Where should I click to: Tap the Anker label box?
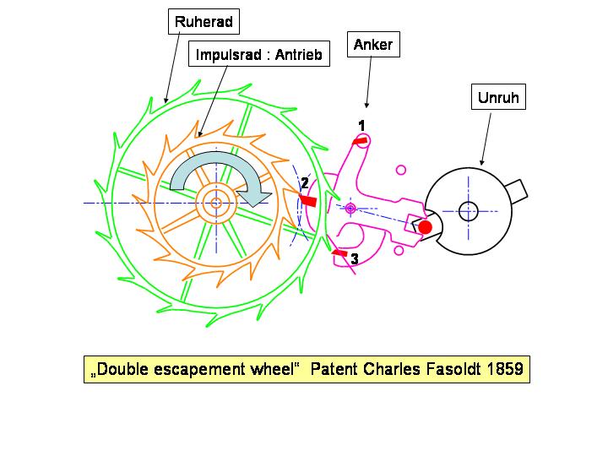[372, 44]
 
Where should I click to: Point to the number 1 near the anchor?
[361, 125]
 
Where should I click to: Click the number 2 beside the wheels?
[305, 183]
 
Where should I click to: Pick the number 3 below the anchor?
[355, 259]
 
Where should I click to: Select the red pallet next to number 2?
[308, 200]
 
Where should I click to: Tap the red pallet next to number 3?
[339, 252]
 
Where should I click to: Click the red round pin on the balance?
[426, 226]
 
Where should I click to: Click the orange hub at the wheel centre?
[216, 203]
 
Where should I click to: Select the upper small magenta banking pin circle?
[401, 170]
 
